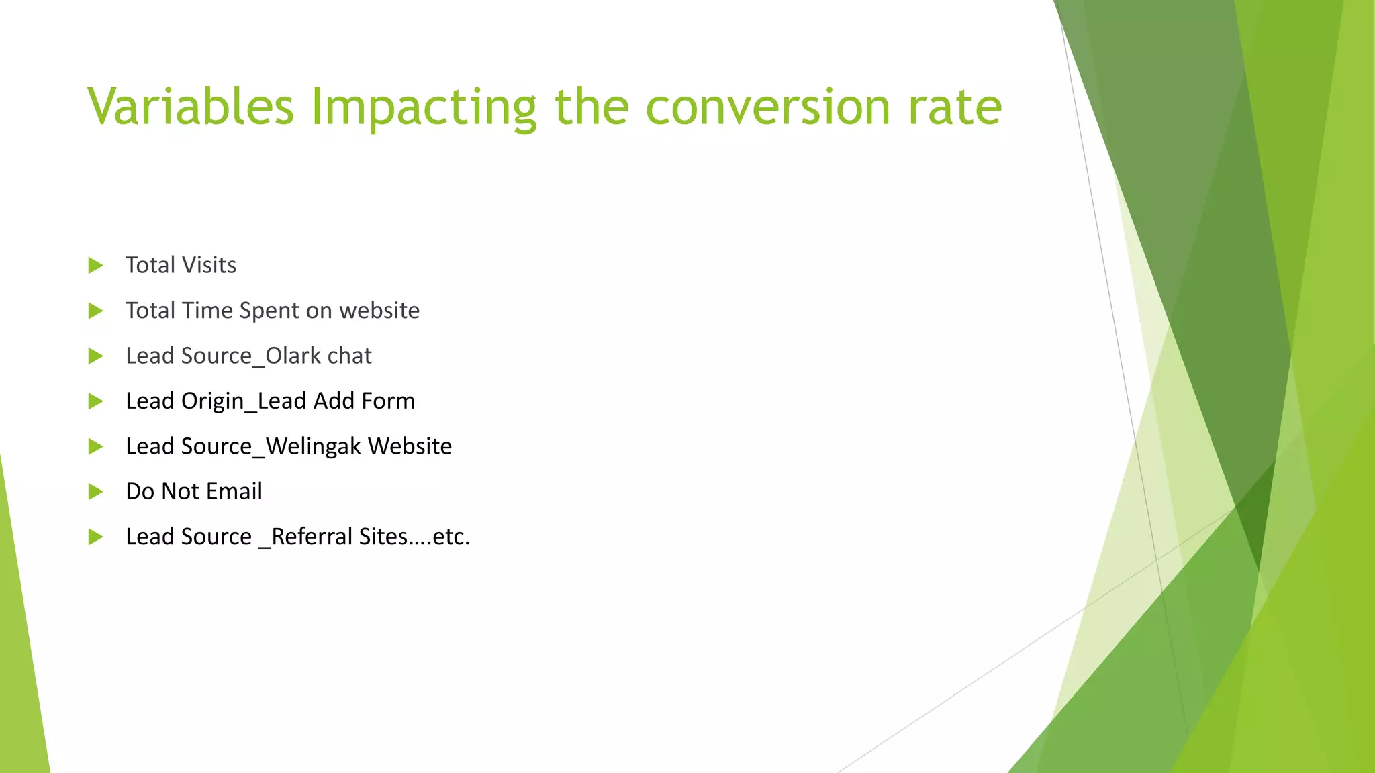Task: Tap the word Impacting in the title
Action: [424, 107]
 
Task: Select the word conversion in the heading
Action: [767, 107]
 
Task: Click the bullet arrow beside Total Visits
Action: [95, 266]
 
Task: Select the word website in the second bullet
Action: [379, 311]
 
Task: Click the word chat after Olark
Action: [349, 356]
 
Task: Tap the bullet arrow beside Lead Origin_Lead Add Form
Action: [95, 401]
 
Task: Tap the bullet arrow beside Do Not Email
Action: [95, 492]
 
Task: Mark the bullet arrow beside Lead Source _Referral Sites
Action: [95, 537]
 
